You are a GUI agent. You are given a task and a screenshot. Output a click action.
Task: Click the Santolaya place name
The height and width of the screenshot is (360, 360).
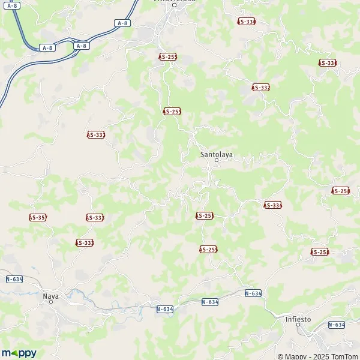click(216, 154)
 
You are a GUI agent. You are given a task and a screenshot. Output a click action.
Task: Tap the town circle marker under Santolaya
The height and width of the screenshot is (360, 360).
click(217, 161)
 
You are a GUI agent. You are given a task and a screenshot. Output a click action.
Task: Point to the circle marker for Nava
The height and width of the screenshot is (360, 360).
click(51, 302)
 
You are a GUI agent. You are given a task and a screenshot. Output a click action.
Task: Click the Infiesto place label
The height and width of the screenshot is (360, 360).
click(298, 319)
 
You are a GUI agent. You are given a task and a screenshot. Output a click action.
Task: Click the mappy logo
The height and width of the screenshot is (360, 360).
click(19, 353)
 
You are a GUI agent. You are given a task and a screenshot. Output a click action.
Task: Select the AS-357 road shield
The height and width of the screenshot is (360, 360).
click(38, 217)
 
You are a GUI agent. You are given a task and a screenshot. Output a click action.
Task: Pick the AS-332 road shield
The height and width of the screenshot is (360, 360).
click(260, 88)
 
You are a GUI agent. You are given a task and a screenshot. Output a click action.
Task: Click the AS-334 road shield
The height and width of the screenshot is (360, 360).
click(272, 205)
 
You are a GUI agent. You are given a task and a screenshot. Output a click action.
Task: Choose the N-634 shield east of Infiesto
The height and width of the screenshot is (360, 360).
click(337, 325)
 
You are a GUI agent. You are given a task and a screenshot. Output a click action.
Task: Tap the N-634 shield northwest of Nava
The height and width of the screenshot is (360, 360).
click(14, 279)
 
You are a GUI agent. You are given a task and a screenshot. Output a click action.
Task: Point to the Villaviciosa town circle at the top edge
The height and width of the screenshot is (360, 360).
click(174, 5)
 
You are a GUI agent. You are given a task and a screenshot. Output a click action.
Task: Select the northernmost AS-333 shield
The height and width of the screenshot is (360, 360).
click(96, 135)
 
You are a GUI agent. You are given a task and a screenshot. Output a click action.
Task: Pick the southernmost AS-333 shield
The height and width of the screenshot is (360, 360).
click(85, 242)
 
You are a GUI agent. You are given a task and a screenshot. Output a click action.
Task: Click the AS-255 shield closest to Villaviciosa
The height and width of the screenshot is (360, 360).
click(167, 56)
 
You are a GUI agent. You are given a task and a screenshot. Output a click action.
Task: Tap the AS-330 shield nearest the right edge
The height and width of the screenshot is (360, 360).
click(327, 63)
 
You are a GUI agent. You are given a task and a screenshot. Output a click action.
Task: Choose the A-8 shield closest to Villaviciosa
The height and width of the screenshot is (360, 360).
click(122, 23)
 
